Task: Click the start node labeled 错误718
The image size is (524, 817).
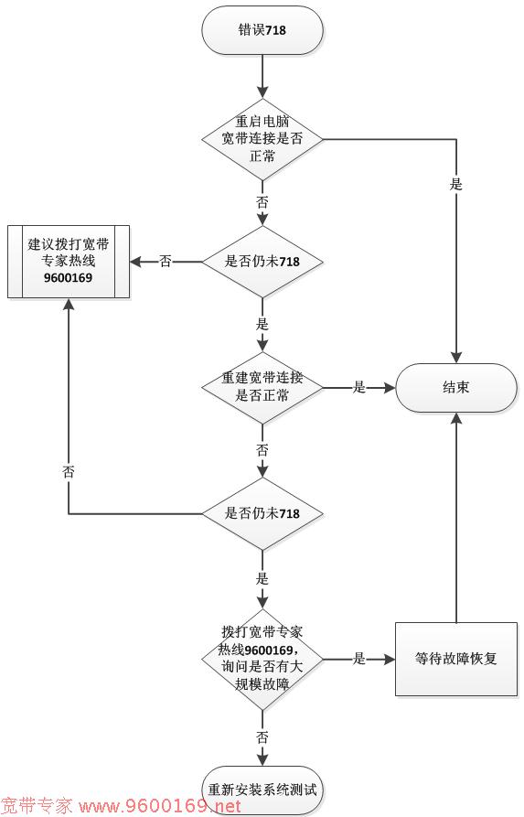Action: coord(262,29)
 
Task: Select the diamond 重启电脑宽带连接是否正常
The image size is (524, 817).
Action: coord(262,139)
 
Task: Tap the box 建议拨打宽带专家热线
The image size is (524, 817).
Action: coord(69,262)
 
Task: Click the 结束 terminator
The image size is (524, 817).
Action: coord(456,388)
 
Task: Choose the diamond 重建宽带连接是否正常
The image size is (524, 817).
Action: coord(262,388)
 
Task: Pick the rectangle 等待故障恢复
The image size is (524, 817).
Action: coord(456,659)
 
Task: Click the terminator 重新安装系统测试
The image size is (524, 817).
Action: coord(262,790)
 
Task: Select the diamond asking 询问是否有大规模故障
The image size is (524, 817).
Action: coord(262,659)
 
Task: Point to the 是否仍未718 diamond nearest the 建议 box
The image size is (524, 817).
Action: coord(262,262)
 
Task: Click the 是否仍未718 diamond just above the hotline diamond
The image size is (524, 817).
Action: coord(262,514)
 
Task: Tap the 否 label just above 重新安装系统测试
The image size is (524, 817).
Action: coord(262,737)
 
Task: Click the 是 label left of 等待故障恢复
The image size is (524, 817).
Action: coord(359,659)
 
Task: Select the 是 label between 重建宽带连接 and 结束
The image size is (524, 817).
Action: coord(359,387)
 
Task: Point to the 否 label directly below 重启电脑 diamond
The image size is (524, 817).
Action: coord(262,202)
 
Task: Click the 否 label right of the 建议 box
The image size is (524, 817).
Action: coord(166,261)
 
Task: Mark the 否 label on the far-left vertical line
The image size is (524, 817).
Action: coord(69,472)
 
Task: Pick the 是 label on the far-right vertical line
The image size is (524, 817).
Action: coord(456,185)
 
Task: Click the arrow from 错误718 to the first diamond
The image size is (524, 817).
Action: coord(262,76)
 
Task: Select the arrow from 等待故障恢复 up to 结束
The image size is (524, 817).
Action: coord(456,518)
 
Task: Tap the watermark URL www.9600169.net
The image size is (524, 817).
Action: coord(159,807)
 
